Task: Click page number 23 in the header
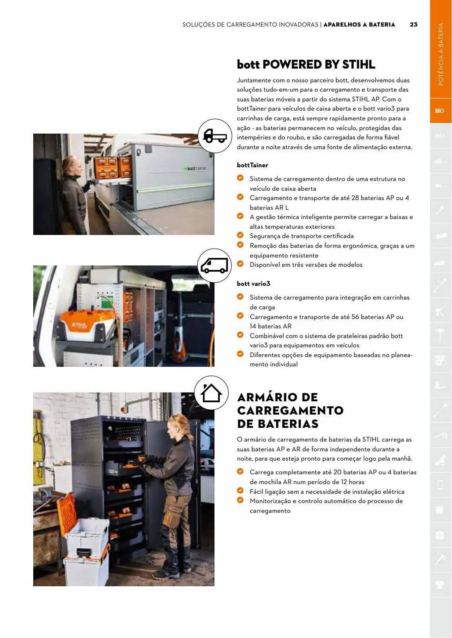[413, 25]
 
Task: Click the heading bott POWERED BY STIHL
[306, 64]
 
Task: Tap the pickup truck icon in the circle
[215, 136]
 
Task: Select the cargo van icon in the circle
[214, 266]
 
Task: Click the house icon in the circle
[211, 393]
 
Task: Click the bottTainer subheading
[252, 165]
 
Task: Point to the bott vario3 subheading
[253, 284]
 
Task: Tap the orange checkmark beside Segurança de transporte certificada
[240, 235]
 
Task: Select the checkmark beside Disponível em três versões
[240, 264]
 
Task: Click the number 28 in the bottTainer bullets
[355, 198]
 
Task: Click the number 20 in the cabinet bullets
[337, 472]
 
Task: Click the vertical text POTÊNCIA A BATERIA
[441, 54]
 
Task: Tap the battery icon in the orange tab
[440, 111]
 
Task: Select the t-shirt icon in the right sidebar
[440, 584]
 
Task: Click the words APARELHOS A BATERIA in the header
[359, 25]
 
